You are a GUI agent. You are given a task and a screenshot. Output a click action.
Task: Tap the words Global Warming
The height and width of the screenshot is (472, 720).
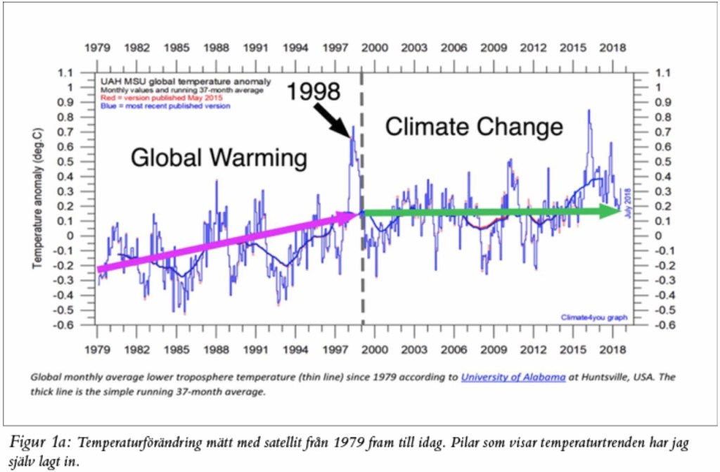[219, 158]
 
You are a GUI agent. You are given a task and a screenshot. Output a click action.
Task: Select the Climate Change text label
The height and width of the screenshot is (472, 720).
[475, 127]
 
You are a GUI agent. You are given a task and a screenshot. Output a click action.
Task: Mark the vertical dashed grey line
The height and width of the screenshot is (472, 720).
[362, 281]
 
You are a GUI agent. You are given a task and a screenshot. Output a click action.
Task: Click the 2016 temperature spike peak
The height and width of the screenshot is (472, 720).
[589, 110]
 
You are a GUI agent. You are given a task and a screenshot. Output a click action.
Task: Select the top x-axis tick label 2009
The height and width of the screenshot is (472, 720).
[494, 48]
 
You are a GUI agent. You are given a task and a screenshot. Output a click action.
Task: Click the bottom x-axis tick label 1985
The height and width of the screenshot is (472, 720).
[176, 350]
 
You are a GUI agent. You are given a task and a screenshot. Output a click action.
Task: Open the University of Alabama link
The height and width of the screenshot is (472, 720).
[513, 377]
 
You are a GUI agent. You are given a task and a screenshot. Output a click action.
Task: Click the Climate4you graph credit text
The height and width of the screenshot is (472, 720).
[593, 317]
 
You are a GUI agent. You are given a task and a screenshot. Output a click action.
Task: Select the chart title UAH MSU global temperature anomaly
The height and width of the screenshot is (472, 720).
[162, 81]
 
